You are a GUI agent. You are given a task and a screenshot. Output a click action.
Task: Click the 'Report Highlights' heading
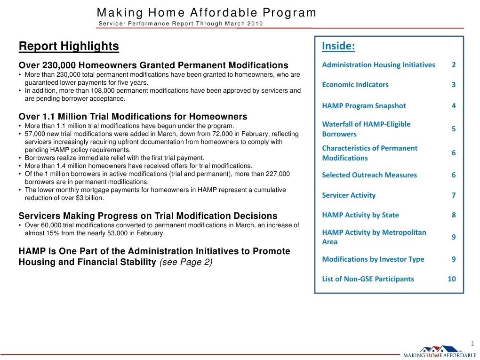click(69, 46)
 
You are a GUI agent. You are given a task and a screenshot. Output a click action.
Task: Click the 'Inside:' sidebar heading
click(338, 46)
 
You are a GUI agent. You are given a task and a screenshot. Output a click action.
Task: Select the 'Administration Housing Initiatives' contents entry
click(378, 65)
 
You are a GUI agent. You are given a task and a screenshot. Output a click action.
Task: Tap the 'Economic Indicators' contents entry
click(355, 85)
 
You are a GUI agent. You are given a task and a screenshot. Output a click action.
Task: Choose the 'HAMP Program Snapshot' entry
click(364, 106)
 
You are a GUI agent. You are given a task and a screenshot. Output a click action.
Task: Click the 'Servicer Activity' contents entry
click(349, 195)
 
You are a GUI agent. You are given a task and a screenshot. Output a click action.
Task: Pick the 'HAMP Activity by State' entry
click(360, 215)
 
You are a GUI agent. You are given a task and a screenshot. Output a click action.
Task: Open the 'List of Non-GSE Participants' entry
click(368, 279)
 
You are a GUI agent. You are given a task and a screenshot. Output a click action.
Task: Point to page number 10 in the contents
click(452, 279)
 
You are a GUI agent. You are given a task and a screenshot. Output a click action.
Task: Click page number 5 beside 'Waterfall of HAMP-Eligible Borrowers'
click(454, 128)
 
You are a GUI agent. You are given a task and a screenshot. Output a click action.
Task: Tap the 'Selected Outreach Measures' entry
click(369, 175)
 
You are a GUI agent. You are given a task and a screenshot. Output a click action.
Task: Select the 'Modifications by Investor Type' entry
click(373, 259)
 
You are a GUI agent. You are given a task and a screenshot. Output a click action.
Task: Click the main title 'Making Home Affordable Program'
click(207, 13)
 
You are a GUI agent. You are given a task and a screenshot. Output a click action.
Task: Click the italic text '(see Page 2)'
click(186, 262)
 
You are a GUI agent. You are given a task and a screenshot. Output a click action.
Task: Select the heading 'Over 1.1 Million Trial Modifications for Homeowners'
click(133, 116)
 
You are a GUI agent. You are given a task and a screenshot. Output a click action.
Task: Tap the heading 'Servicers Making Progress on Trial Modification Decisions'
click(148, 216)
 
